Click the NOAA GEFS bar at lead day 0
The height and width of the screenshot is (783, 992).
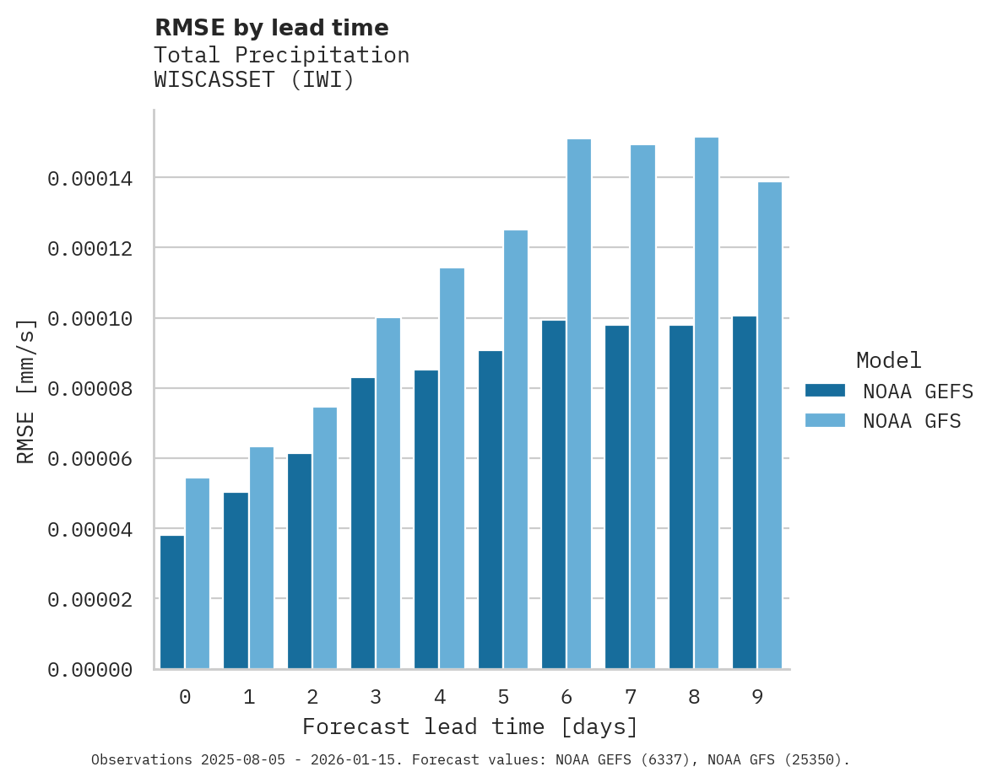click(x=172, y=602)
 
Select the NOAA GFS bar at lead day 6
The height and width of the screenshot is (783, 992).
click(x=579, y=404)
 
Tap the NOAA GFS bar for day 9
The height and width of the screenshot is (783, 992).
click(x=770, y=425)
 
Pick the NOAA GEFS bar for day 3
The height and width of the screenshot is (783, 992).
click(x=363, y=523)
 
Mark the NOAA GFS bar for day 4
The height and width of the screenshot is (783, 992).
click(x=453, y=468)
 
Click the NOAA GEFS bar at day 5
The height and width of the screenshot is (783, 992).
click(x=491, y=510)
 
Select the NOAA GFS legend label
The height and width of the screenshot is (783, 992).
click(x=912, y=421)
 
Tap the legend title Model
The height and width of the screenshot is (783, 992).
click(x=888, y=360)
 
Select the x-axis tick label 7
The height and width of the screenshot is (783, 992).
click(x=631, y=697)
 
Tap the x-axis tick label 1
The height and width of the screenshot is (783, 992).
click(x=249, y=697)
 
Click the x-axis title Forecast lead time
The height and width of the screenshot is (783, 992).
click(x=470, y=726)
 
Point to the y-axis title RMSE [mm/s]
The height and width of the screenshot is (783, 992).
click(x=27, y=391)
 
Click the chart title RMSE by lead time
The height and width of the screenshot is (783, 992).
click(x=271, y=28)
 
